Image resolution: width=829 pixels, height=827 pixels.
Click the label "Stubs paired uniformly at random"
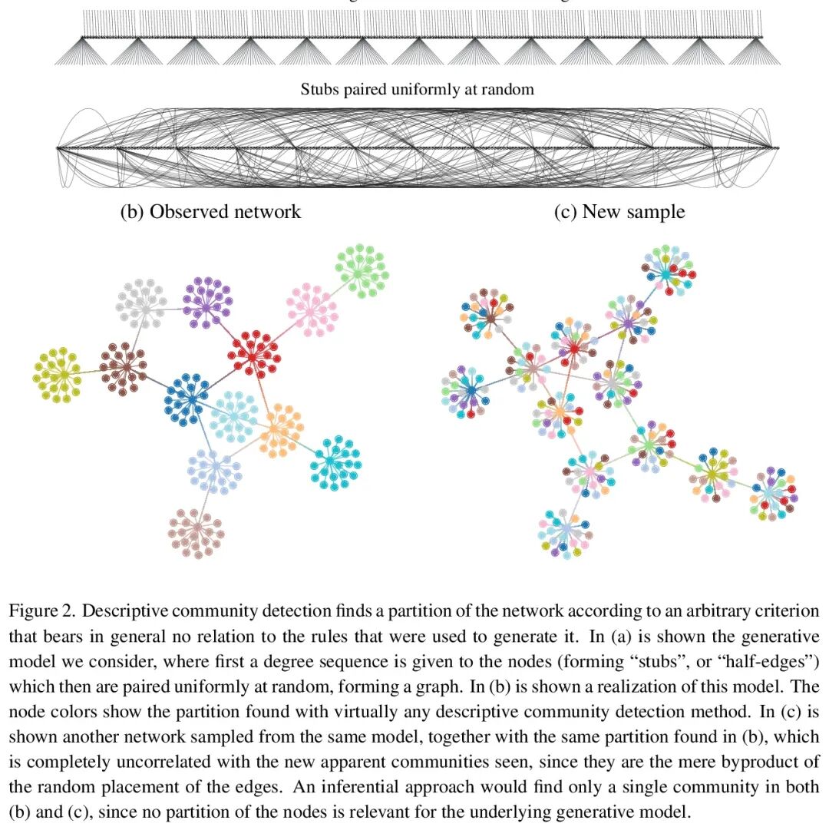(x=417, y=89)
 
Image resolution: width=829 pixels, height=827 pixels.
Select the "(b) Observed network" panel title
(x=210, y=211)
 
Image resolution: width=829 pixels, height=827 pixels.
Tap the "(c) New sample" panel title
(x=619, y=211)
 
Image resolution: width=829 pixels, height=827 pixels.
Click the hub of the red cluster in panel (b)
(x=254, y=354)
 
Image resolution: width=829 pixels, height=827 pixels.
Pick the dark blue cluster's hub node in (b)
(x=190, y=399)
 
